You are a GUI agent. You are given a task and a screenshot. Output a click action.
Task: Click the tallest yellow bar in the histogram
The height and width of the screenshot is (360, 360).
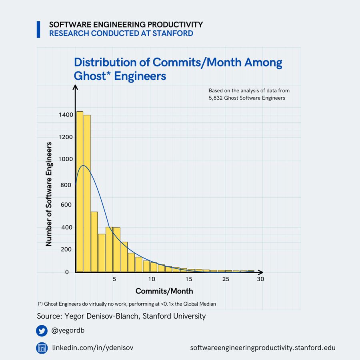point(80,192)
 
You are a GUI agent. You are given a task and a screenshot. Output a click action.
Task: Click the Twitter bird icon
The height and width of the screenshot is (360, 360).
point(42,331)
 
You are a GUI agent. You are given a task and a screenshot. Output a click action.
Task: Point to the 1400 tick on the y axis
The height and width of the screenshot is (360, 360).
point(66,115)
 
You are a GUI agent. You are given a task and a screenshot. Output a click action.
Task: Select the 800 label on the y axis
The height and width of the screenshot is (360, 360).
point(66,185)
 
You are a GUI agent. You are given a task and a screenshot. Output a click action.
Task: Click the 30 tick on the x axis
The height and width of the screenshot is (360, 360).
point(260,279)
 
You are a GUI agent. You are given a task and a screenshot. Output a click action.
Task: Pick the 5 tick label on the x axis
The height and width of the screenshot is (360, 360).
point(114,279)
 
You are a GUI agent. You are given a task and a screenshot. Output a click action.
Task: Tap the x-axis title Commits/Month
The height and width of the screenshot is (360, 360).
point(164,291)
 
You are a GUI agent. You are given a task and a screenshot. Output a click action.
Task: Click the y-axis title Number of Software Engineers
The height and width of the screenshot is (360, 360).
point(49,194)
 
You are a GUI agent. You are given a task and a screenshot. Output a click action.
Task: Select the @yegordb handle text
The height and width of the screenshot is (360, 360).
point(68,331)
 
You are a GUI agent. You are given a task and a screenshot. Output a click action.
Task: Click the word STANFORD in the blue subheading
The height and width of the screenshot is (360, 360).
point(173,33)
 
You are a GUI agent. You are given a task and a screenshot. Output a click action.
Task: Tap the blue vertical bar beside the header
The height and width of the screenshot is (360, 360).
point(38,29)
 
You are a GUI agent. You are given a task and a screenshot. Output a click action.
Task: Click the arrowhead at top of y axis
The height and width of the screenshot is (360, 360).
point(75,87)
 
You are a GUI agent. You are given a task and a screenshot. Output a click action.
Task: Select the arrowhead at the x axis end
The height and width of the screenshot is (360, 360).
point(260,272)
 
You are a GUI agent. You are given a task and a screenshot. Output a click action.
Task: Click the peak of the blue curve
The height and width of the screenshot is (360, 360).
point(83,166)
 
